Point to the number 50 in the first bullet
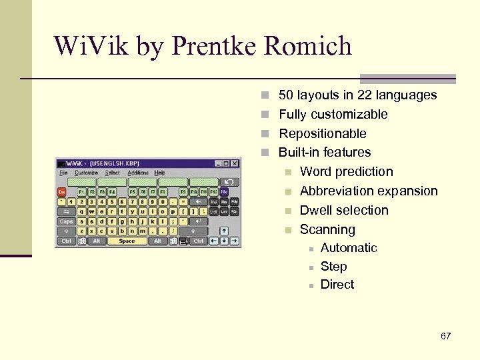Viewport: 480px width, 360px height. point(286,95)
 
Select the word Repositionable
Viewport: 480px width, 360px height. point(323,133)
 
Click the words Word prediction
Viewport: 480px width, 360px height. point(347,172)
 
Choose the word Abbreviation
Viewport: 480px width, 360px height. point(339,191)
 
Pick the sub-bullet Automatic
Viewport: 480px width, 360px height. point(349,248)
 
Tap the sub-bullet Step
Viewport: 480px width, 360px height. point(333,267)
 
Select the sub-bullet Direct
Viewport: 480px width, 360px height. point(337,285)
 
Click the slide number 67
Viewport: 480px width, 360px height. point(445,336)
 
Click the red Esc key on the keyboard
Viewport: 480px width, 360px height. point(62,191)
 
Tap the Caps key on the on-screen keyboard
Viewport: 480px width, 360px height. point(66,221)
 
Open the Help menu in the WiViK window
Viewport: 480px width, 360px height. point(160,173)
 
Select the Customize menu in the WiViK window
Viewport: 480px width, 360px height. point(86,173)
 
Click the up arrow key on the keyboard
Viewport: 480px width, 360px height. point(224,231)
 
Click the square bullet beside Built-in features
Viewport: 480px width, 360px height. point(265,153)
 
